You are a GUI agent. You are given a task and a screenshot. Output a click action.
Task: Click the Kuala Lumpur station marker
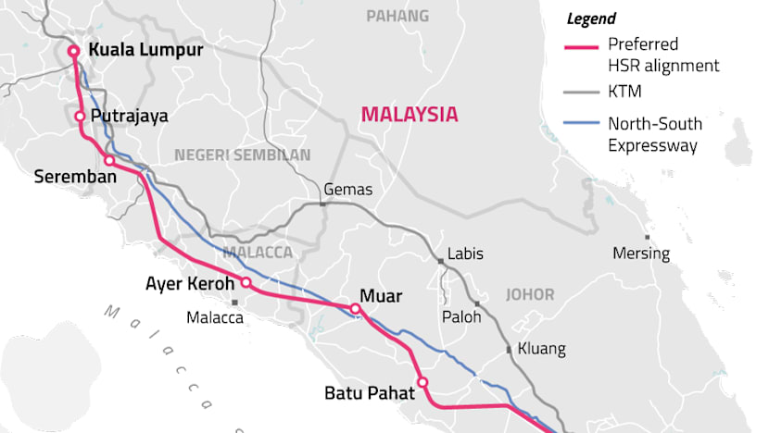click(73, 52)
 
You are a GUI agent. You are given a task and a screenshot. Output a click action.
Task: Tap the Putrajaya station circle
click(81, 117)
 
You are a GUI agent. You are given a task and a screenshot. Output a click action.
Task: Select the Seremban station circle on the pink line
click(109, 161)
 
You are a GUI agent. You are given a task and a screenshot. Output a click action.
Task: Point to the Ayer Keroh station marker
click(246, 283)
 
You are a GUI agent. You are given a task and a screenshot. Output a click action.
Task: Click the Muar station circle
click(355, 309)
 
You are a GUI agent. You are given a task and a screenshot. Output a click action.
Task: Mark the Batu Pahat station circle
click(422, 382)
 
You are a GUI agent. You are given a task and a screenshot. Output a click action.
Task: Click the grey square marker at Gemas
click(321, 204)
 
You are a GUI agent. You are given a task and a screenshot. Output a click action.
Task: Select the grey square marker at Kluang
click(509, 350)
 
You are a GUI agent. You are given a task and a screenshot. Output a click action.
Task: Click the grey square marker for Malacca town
click(236, 302)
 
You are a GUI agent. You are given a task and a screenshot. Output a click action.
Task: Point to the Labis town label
click(465, 254)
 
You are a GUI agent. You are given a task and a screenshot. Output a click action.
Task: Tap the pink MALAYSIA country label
click(410, 115)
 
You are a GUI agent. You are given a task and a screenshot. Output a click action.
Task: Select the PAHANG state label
click(397, 16)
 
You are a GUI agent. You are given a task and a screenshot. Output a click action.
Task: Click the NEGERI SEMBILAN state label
click(242, 155)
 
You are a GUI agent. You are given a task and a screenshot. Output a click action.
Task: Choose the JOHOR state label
click(530, 295)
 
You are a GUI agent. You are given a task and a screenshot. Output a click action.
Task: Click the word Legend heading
click(592, 19)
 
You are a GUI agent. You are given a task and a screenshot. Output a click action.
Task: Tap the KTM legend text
click(624, 92)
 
